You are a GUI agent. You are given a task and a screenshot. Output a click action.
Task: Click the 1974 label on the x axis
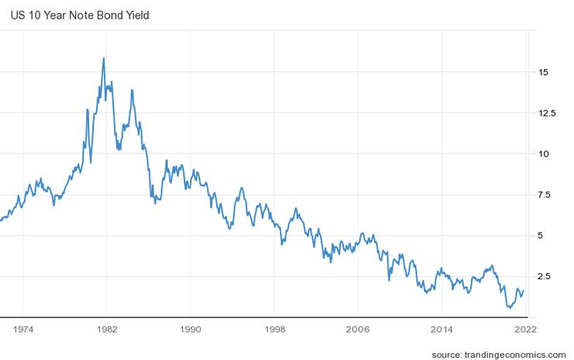click(x=23, y=329)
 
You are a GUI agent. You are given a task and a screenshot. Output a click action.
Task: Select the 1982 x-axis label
click(x=107, y=329)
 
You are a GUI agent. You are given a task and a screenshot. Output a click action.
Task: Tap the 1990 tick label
click(x=191, y=329)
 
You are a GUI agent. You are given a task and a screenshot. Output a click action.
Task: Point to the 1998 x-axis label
click(x=275, y=329)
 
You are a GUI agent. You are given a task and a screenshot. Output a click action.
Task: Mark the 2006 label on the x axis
click(x=358, y=329)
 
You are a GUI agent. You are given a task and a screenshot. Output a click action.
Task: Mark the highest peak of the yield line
click(x=104, y=58)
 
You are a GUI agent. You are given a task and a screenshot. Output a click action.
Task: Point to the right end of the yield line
click(x=524, y=291)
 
